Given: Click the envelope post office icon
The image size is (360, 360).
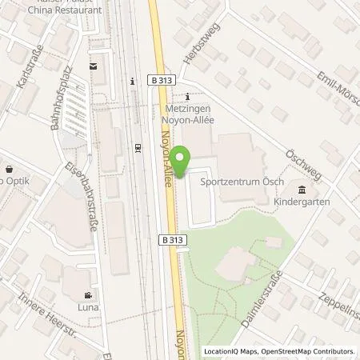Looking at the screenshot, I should (x=93, y=66).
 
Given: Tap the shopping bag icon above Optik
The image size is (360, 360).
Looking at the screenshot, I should (x=9, y=170).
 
